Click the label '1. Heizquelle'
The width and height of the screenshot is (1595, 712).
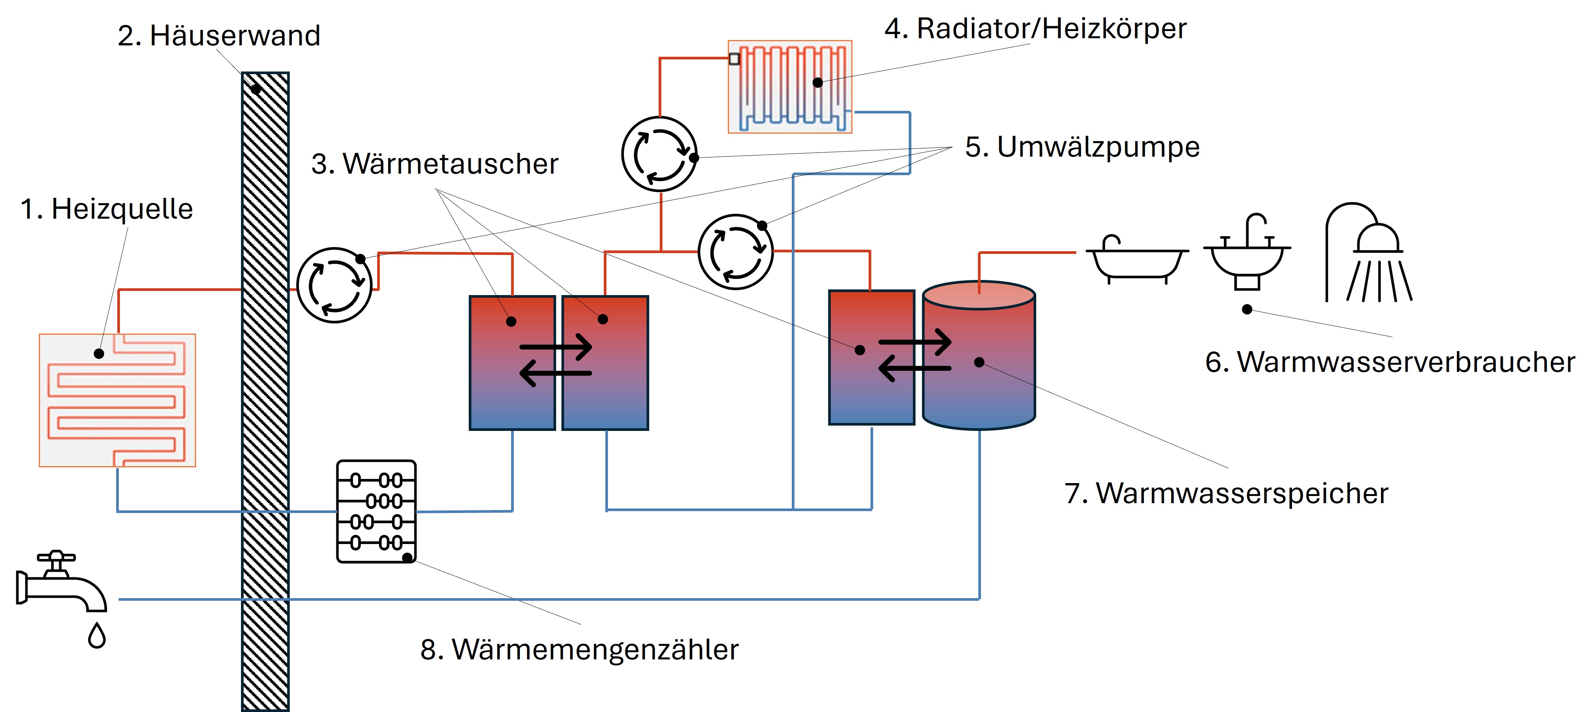click(107, 209)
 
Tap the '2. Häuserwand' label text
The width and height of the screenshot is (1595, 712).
click(219, 35)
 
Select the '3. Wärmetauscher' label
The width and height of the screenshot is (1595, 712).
click(435, 164)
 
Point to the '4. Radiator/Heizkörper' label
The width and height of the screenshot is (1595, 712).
click(1035, 28)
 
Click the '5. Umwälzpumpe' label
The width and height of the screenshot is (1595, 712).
click(1082, 147)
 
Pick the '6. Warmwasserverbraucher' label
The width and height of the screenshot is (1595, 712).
click(1390, 362)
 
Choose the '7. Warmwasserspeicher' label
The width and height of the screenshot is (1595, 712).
click(1226, 493)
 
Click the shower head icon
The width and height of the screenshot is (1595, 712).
click(1368, 254)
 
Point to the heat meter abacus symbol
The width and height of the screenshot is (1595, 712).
click(376, 511)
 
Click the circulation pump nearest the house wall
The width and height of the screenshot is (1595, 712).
click(334, 285)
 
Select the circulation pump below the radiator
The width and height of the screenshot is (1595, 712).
click(659, 154)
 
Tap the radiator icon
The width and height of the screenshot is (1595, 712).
click(790, 87)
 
